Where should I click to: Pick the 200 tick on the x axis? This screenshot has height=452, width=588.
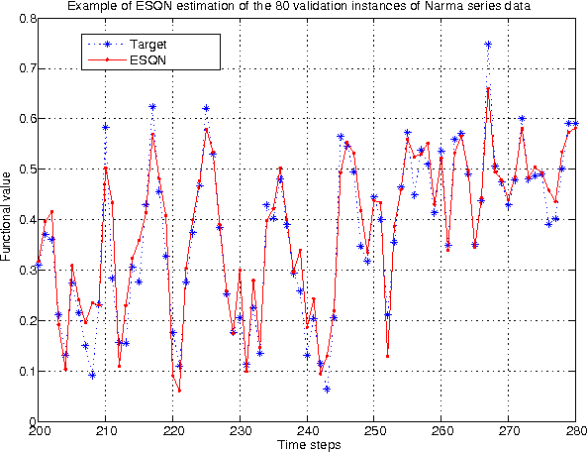coord(40,432)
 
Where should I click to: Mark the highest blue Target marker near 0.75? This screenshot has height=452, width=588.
coord(488,45)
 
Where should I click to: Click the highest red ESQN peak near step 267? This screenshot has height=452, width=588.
coord(488,88)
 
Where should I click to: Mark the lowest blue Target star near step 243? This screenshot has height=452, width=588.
coord(327,389)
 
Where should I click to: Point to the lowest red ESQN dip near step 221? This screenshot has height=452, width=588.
coord(179,391)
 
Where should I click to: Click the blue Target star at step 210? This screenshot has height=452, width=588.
coord(106,127)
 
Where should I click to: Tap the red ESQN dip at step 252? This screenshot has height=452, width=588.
coord(388,356)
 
